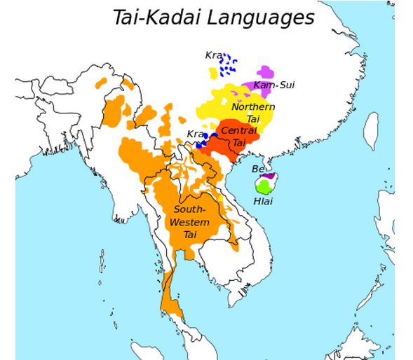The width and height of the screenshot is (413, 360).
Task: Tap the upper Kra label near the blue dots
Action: coord(213,55)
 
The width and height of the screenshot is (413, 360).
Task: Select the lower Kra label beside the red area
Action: coord(195,134)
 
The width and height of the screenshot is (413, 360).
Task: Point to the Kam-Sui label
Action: coord(274,85)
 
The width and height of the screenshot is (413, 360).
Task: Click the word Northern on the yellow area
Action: coord(253,106)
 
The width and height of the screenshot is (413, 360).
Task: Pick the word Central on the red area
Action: coord(239,130)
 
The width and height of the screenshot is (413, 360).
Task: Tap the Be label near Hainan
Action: coord(257,169)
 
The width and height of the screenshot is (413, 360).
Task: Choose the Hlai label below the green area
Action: coord(263,202)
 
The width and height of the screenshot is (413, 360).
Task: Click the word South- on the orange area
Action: coord(189,209)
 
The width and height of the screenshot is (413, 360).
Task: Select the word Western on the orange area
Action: coord(191,222)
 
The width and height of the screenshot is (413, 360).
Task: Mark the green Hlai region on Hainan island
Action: coord(264,186)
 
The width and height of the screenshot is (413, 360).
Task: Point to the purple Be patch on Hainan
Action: coord(267,176)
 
